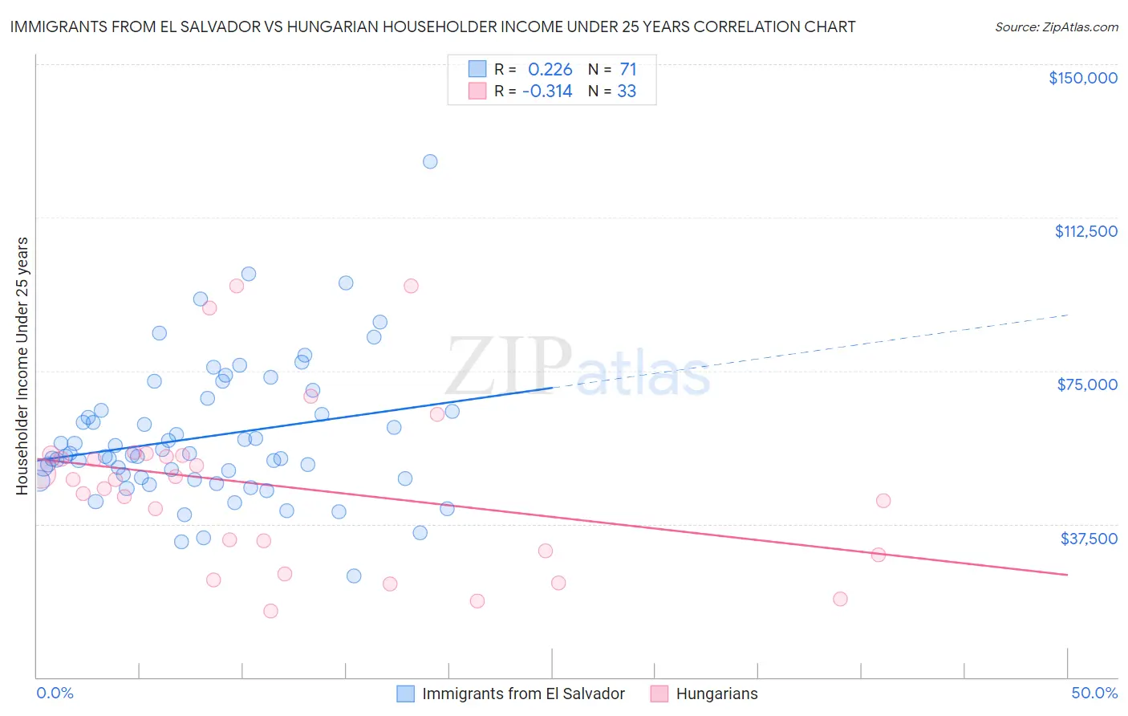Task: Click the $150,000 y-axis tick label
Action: (1082, 78)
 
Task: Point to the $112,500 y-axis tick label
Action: (1085, 231)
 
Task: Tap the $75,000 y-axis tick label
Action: (1086, 384)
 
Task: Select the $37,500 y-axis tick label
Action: (1088, 538)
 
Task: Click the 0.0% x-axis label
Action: (55, 693)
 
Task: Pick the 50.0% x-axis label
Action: (1094, 693)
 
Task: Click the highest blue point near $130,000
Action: (430, 161)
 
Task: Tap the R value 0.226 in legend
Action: (550, 70)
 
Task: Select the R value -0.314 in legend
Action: (546, 92)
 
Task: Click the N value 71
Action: (627, 70)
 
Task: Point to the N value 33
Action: (627, 92)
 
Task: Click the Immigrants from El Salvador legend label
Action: (523, 694)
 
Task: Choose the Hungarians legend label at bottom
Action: (716, 694)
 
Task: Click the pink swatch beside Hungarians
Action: (659, 694)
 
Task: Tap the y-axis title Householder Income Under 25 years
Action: (22, 365)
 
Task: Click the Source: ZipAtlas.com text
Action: (1056, 27)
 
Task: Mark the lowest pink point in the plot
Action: (270, 611)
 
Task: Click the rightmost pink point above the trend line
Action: (883, 501)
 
